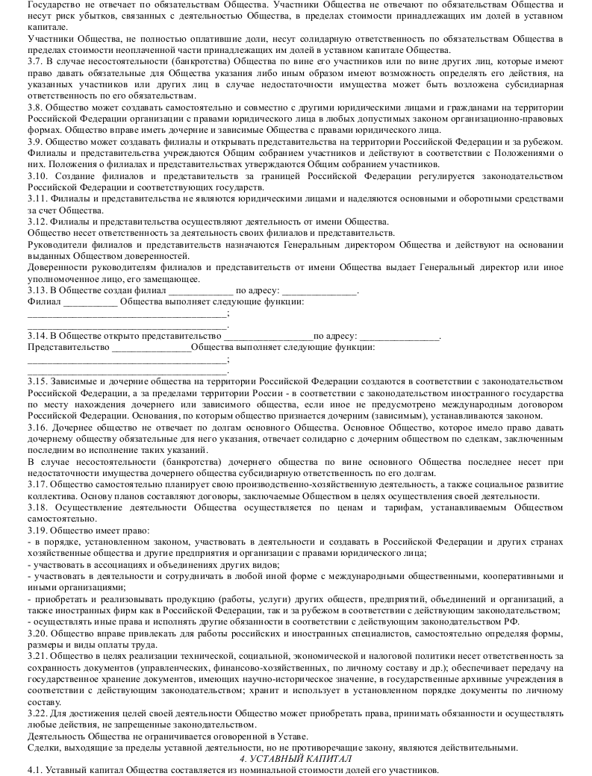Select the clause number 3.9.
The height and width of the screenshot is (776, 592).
coord(35,142)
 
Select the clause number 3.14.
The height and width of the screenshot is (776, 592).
coord(37,336)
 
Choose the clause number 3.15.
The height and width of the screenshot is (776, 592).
coord(37,381)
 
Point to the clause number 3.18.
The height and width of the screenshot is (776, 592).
coord(37,507)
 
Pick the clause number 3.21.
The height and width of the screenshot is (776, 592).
coord(37,655)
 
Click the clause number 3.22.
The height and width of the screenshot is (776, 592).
coord(37,713)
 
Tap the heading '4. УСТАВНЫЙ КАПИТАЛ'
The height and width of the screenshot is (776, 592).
coord(296,758)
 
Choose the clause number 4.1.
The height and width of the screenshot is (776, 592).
coord(35,769)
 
